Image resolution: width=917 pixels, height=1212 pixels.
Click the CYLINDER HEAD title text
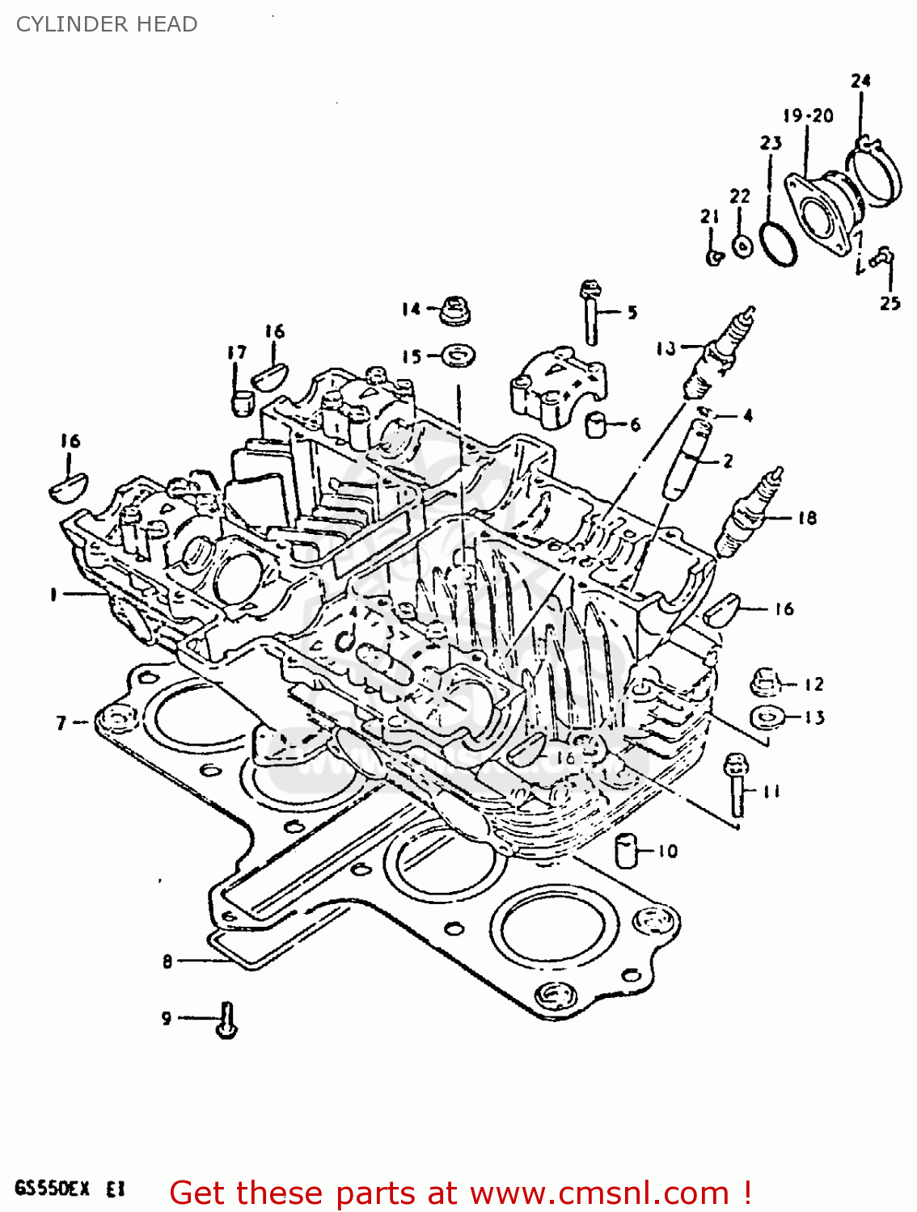pos(107,24)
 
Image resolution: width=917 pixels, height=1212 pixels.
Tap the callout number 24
pos(860,80)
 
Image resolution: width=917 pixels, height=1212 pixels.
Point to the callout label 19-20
pos(807,116)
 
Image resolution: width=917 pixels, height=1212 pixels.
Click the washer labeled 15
pos(458,355)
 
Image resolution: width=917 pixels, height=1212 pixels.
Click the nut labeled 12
pos(765,683)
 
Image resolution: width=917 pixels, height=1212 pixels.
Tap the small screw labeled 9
pos(226,1020)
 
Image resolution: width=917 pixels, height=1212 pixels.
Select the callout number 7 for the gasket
pos(61,722)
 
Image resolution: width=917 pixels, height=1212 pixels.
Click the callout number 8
pos(167,961)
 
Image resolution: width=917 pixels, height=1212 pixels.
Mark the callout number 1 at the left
pos(53,595)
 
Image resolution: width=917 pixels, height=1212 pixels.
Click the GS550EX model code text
pos(52,1189)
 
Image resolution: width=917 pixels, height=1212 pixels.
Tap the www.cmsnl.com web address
pos(598,1193)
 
